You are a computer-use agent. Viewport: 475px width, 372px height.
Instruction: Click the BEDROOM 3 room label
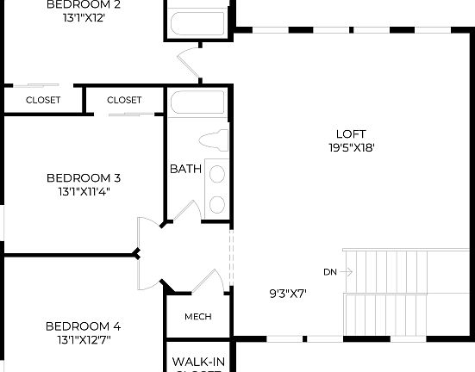(x=83, y=178)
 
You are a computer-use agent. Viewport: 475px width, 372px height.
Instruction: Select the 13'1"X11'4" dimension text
(x=83, y=191)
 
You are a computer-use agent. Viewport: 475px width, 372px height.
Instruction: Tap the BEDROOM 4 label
(x=83, y=326)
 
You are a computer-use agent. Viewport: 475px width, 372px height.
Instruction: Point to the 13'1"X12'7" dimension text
(x=83, y=340)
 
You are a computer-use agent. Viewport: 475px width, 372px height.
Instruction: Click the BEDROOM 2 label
(x=83, y=4)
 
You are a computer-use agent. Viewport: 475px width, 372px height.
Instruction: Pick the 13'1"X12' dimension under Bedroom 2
(x=83, y=17)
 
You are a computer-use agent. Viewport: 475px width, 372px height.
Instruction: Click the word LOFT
(x=351, y=133)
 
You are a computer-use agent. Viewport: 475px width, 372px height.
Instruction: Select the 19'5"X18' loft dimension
(x=351, y=147)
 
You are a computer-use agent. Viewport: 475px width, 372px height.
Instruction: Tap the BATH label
(x=185, y=169)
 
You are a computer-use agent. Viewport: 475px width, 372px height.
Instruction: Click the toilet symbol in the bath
(x=213, y=139)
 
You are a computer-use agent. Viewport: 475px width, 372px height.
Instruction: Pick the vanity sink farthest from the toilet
(x=217, y=204)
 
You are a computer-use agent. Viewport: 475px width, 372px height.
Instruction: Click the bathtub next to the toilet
(x=198, y=104)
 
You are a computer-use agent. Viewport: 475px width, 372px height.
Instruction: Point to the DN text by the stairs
(x=330, y=272)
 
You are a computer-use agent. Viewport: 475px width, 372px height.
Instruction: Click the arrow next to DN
(x=347, y=272)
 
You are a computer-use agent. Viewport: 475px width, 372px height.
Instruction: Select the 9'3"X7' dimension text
(x=288, y=293)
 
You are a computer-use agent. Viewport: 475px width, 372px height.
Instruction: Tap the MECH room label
(x=198, y=316)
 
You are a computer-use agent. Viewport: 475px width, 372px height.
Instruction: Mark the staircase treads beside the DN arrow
(x=405, y=271)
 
